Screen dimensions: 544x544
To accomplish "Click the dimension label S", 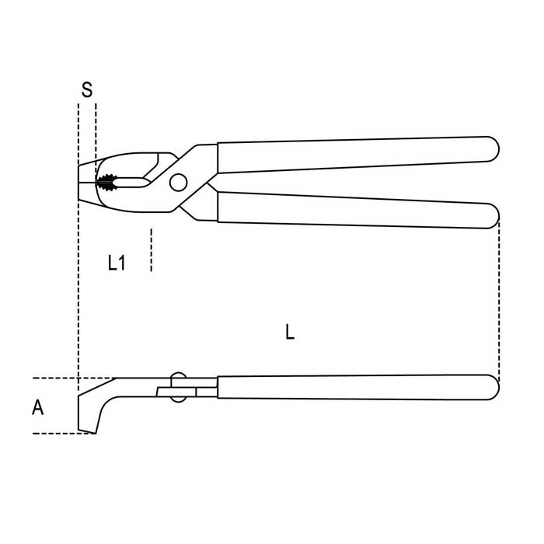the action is [87, 89].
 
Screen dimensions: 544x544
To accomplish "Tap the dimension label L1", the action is [117, 263].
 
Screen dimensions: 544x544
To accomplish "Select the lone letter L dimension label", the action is [290, 332].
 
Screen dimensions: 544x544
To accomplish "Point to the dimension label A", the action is [38, 407].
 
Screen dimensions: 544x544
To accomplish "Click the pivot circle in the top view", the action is [178, 182].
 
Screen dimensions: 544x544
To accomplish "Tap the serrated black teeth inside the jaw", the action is [106, 183].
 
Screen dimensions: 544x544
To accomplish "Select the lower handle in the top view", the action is [358, 211].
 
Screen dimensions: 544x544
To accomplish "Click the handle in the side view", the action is [358, 387].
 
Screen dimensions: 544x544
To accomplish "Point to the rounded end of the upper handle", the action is [492, 149].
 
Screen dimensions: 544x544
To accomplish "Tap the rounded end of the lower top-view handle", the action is [492, 216].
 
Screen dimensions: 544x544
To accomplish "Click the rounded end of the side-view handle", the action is [492, 387].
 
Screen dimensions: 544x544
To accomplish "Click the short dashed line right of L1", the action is [151, 249].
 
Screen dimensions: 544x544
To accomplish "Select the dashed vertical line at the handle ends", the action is [499, 302].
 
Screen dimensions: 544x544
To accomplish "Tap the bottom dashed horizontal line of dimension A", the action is [65, 434].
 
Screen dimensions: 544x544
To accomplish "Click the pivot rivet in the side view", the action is [178, 387].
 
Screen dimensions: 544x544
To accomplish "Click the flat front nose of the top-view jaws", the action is [78, 183].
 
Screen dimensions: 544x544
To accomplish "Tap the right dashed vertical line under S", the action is [96, 139].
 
